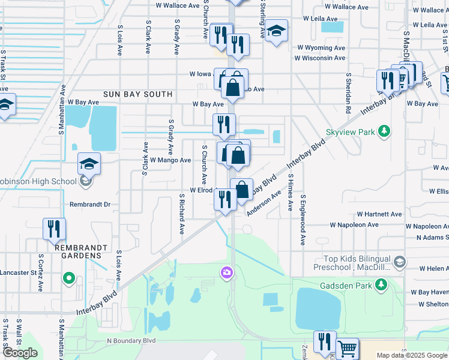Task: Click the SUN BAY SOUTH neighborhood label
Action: tap(137, 94)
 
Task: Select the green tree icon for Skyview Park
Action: tap(384, 131)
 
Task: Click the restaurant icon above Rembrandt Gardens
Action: tap(54, 228)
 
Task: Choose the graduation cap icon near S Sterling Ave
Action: tap(276, 31)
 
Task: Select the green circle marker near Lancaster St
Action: tap(68, 278)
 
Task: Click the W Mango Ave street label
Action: tap(170, 160)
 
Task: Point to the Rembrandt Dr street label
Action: tap(91, 205)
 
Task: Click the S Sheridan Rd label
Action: tap(348, 94)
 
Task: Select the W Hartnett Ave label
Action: tap(379, 214)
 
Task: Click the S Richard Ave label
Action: tap(181, 213)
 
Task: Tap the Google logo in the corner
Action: tap(20, 353)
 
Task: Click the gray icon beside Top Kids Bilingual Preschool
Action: tap(400, 262)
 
